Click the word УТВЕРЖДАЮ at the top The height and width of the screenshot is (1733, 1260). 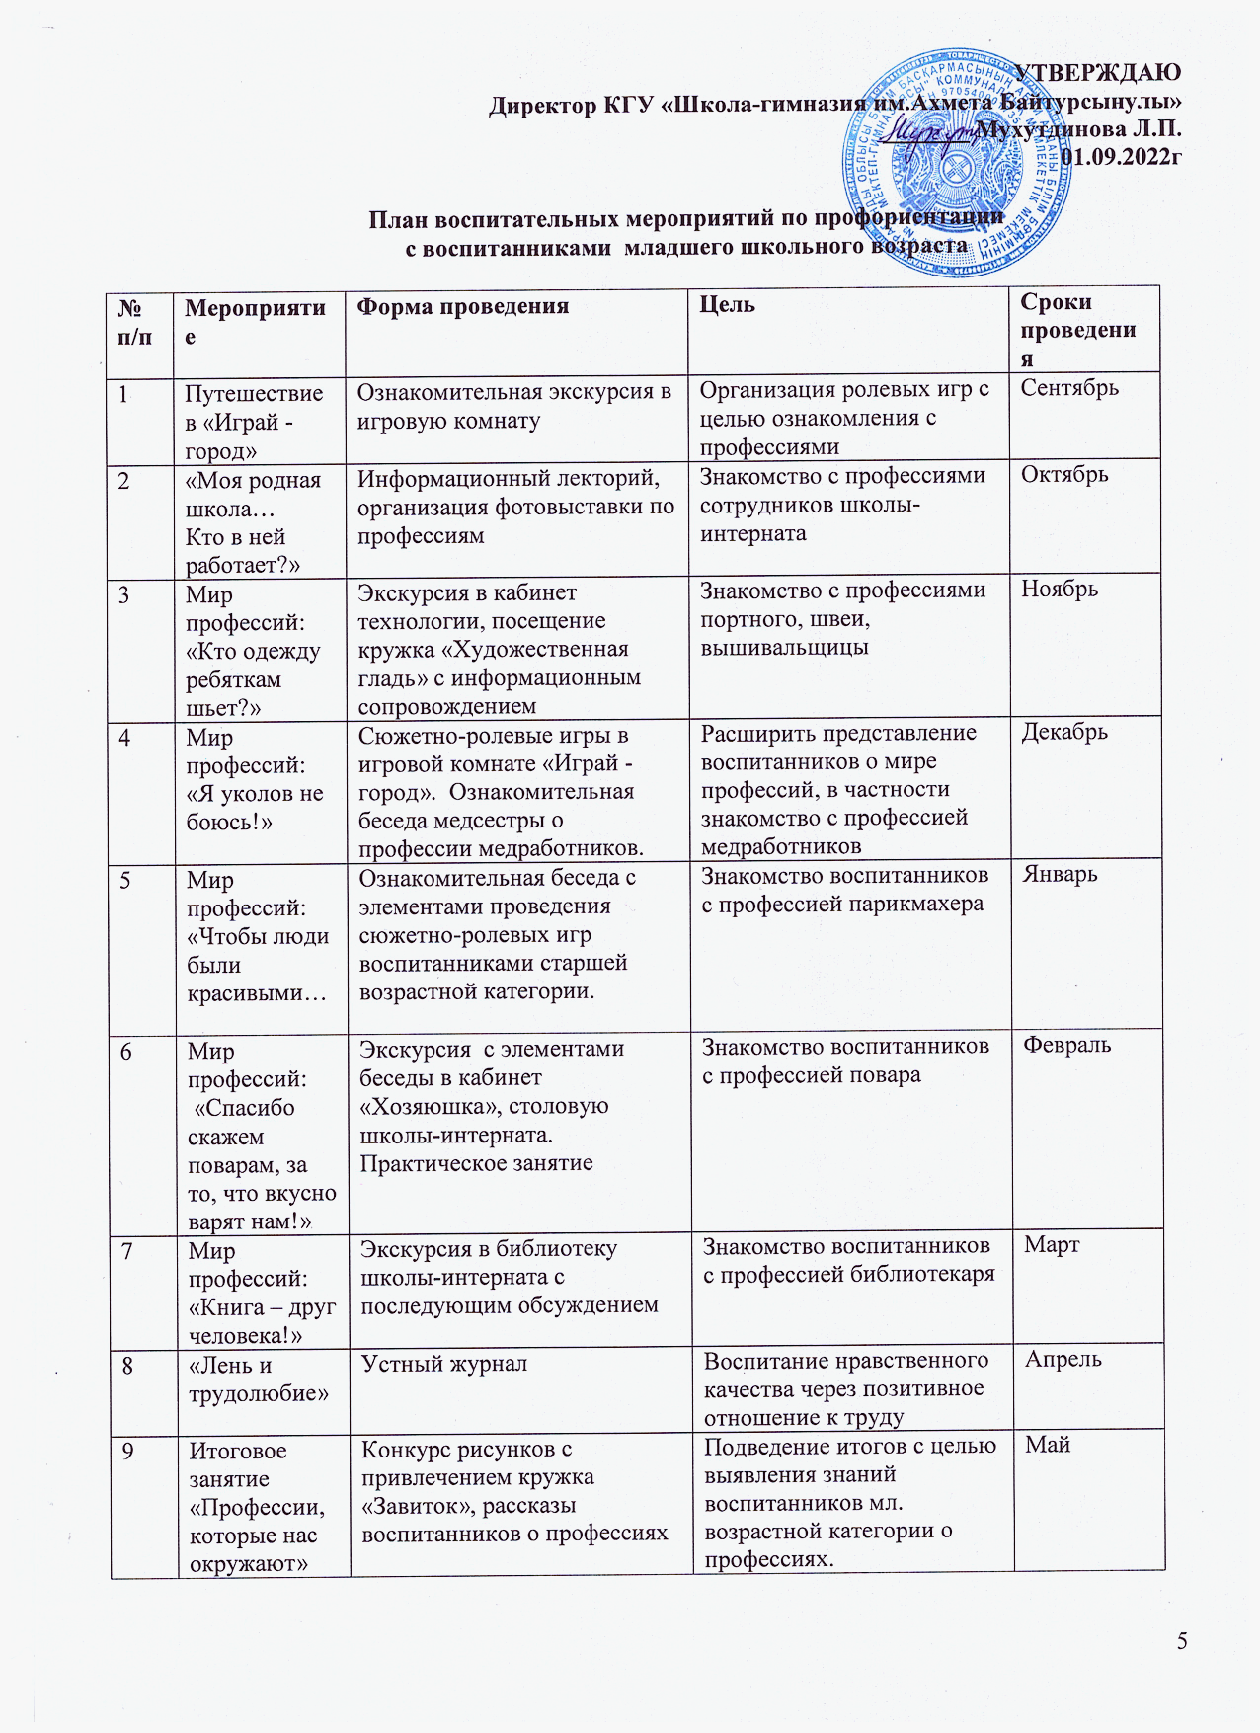(x=1098, y=73)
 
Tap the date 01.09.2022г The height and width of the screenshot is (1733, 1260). (x=1121, y=156)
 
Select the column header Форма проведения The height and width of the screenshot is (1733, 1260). (x=463, y=306)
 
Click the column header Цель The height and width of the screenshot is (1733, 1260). (x=728, y=305)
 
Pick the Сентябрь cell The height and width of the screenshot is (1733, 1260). (x=1069, y=388)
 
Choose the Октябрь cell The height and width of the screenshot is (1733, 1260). (x=1064, y=475)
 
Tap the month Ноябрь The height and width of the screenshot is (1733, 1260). (x=1060, y=590)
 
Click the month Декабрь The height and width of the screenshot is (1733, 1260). (x=1064, y=732)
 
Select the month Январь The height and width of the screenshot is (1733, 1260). (x=1061, y=875)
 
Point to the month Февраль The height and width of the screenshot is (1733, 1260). (x=1067, y=1045)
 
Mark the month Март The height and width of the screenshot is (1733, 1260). (x=1052, y=1245)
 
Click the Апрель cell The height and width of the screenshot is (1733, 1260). (x=1063, y=1360)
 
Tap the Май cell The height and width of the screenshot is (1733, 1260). (x=1048, y=1446)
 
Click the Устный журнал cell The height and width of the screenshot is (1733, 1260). (x=444, y=1365)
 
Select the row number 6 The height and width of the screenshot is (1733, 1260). (x=127, y=1051)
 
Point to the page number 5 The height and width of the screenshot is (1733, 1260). (x=1182, y=1642)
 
